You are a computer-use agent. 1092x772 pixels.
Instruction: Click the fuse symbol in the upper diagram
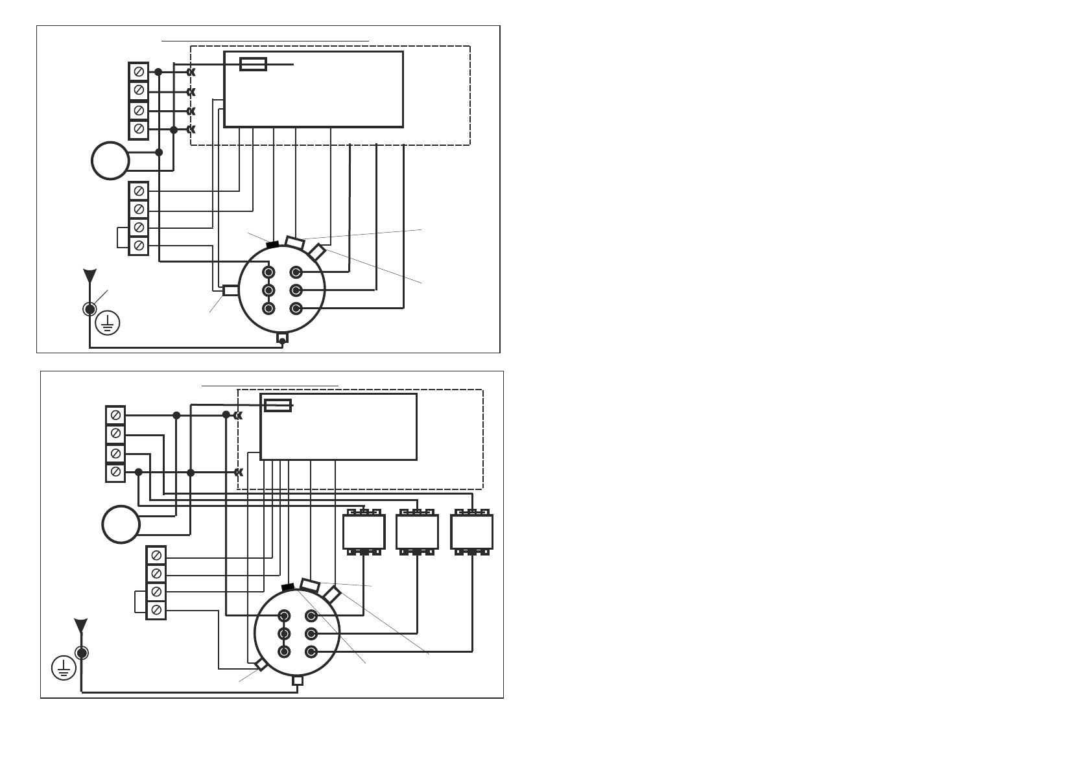(x=253, y=64)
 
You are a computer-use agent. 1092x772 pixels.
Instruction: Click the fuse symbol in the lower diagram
(x=278, y=406)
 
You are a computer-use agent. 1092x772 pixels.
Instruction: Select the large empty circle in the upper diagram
(x=110, y=161)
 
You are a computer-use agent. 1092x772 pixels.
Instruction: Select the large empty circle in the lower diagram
(x=121, y=524)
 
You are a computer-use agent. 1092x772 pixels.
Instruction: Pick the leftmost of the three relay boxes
(x=364, y=532)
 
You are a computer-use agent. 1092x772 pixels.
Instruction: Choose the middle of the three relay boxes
(x=417, y=532)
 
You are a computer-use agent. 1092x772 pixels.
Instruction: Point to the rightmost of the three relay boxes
(x=471, y=532)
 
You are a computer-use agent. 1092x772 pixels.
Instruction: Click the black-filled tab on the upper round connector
(x=272, y=244)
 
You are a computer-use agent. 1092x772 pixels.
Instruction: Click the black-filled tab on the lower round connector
(x=288, y=587)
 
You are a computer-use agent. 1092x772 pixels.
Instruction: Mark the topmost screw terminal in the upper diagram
(x=139, y=72)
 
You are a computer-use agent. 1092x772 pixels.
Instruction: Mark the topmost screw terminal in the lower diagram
(x=115, y=415)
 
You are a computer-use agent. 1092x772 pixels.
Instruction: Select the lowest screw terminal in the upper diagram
(x=139, y=246)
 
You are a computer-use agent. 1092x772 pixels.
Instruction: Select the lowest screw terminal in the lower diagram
(x=156, y=610)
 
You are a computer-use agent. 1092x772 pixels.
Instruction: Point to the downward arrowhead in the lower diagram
(x=81, y=626)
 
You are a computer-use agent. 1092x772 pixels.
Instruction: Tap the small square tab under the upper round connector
(x=282, y=338)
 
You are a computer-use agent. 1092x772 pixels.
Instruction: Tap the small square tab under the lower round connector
(x=298, y=681)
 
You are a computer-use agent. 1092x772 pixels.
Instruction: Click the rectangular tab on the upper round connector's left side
(x=230, y=290)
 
